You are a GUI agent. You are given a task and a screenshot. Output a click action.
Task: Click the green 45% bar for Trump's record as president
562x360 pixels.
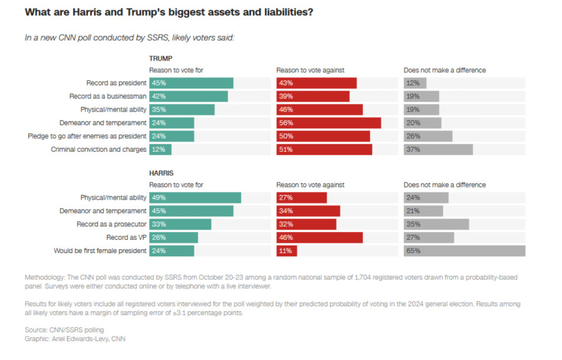(x=190, y=83)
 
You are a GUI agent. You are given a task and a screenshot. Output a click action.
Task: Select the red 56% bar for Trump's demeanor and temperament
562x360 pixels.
(x=328, y=123)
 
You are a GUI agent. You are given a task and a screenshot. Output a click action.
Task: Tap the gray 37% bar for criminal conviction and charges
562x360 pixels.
(x=438, y=149)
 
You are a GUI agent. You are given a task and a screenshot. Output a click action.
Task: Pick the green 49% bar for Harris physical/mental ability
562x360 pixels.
(x=194, y=197)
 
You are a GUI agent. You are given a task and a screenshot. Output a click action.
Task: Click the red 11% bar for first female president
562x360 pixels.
(x=287, y=251)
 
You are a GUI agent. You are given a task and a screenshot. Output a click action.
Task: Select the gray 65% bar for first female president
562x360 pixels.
(x=464, y=251)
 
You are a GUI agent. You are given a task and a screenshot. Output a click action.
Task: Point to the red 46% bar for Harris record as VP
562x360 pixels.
(x=319, y=237)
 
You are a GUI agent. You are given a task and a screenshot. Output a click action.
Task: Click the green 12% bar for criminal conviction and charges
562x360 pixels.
(x=160, y=149)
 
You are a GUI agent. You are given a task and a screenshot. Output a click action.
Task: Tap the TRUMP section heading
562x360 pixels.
(x=160, y=58)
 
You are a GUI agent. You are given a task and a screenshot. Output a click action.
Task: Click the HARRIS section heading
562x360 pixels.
(x=161, y=172)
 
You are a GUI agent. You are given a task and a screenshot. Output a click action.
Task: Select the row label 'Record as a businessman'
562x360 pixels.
(x=108, y=96)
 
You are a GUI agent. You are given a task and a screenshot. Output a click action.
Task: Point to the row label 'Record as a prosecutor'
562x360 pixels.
(x=111, y=224)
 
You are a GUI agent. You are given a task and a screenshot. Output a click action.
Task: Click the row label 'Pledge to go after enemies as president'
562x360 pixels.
(x=87, y=136)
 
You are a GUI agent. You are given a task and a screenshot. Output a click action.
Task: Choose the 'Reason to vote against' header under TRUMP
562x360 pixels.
(x=310, y=70)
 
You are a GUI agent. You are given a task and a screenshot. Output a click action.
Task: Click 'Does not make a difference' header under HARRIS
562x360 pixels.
(x=445, y=185)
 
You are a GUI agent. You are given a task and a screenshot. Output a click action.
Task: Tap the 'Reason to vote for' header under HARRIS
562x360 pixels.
(x=176, y=185)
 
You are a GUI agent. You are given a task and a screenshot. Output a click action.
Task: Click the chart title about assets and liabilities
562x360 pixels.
(x=169, y=12)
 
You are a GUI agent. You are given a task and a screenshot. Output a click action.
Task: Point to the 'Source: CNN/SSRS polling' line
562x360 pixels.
(x=64, y=329)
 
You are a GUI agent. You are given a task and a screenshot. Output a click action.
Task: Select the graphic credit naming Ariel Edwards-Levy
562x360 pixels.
(x=75, y=339)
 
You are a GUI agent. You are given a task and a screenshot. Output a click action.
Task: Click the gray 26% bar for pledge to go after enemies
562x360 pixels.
(x=428, y=136)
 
